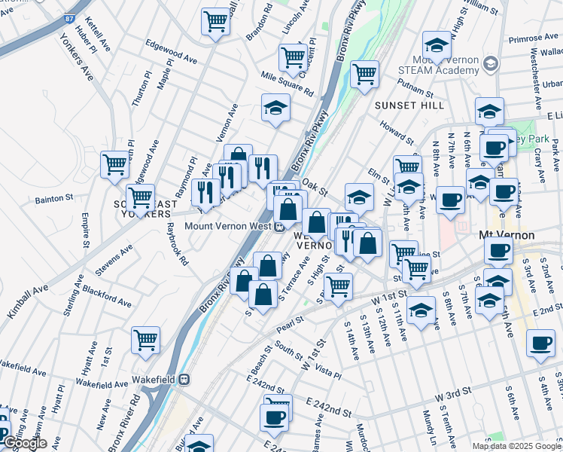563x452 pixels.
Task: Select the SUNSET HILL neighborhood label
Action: [x=409, y=105]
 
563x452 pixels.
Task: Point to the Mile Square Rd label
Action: [x=287, y=84]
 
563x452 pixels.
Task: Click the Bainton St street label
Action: [x=53, y=200]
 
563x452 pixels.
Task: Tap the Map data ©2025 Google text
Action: [x=516, y=445]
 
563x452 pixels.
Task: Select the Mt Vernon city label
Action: [x=507, y=235]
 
